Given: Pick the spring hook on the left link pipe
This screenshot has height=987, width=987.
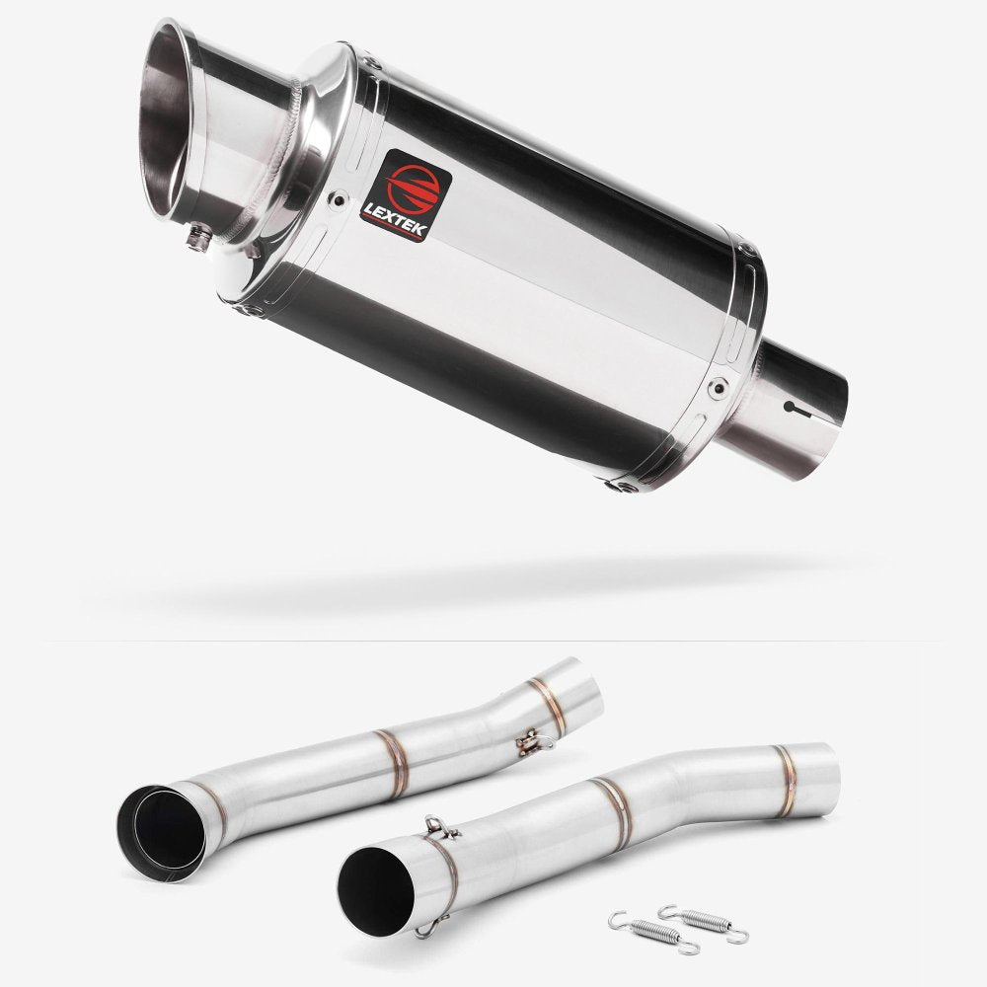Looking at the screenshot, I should point(529,739).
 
